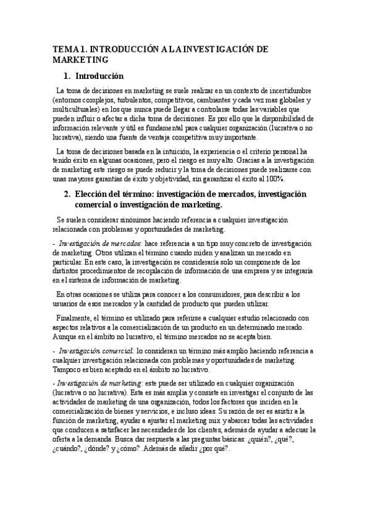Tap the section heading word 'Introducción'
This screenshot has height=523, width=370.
tap(99, 76)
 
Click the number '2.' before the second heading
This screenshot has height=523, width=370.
tap(68, 194)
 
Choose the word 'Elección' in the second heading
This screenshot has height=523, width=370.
tap(93, 194)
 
